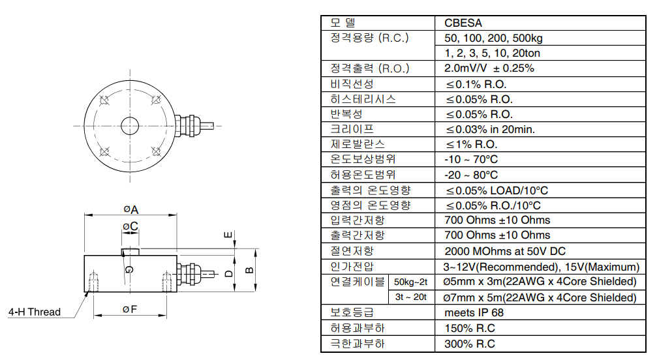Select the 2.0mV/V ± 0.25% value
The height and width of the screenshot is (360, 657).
[489, 68]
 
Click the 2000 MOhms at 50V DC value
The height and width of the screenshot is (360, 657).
[504, 251]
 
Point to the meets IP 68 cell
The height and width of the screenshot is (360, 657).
[474, 312]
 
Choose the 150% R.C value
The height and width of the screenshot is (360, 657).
[469, 328]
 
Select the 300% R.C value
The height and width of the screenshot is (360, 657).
[469, 344]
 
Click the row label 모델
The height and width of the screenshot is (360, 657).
[344, 23]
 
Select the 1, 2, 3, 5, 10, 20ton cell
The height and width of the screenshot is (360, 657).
[492, 53]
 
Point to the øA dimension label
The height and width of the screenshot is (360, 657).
[131, 209]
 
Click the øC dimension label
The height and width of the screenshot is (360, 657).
[130, 226]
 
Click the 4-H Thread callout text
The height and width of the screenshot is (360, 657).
[35, 312]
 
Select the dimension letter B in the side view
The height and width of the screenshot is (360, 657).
[248, 270]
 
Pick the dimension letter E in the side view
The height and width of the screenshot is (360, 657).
[228, 234]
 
